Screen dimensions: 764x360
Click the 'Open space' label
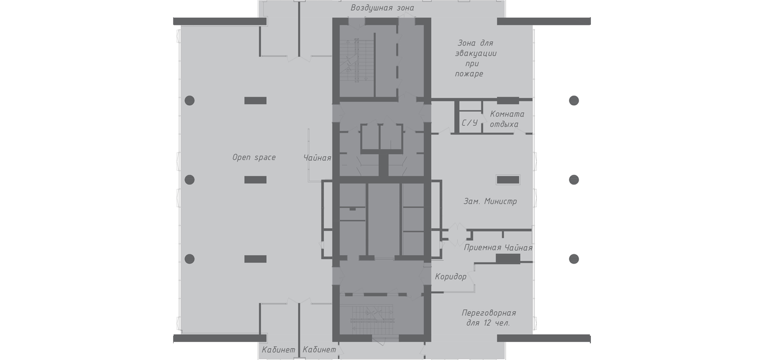254,157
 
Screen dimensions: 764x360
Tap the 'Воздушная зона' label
382,8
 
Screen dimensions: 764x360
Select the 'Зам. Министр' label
490,201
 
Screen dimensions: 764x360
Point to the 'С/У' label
470,123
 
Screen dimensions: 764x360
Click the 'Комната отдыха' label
507,119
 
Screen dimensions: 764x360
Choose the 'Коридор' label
451,277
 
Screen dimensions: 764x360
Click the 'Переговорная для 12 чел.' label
489,318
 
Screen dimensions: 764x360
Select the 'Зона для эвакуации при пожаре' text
475,59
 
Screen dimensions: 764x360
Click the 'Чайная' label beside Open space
317,158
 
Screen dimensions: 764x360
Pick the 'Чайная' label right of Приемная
518,248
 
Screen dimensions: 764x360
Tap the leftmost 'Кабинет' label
278,350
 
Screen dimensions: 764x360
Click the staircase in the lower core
372,320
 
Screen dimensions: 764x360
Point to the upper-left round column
190,100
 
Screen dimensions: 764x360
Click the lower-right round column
574,259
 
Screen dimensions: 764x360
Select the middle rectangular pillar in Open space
255,180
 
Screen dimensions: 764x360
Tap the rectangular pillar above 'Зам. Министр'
508,180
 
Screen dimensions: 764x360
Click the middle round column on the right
574,180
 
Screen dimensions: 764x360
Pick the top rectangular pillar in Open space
255,100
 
